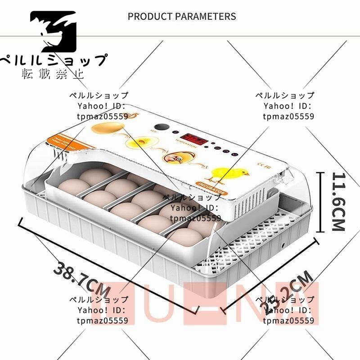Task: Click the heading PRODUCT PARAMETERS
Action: coord(182,17)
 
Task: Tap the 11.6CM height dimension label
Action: coord(338,201)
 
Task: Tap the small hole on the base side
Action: coord(283,245)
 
